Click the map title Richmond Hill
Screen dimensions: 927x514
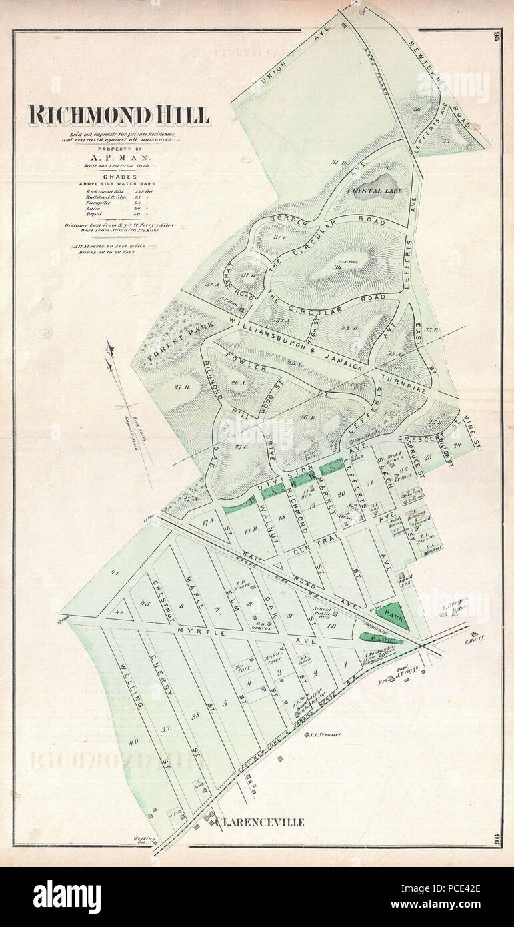tap(119, 115)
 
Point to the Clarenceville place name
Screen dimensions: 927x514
tap(259, 822)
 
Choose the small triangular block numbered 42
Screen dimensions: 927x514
tap(119, 611)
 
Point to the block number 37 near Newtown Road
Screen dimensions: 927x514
tap(465, 141)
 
